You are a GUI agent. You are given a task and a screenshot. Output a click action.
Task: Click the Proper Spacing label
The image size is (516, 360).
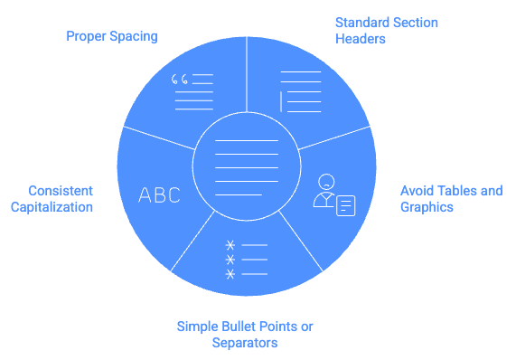pyautogui.click(x=111, y=37)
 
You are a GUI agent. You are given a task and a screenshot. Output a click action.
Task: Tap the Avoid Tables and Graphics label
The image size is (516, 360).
pyautogui.click(x=451, y=199)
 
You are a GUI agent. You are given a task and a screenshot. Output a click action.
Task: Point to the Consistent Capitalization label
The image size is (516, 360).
pyautogui.click(x=52, y=199)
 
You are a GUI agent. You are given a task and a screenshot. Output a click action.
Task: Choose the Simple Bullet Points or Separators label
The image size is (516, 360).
pyautogui.click(x=245, y=334)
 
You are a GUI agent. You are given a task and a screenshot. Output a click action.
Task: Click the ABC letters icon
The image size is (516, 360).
pyautogui.click(x=159, y=194)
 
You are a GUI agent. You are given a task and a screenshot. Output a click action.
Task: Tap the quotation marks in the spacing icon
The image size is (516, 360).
pyautogui.click(x=179, y=81)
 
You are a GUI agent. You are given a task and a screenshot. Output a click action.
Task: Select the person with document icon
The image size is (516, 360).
pyautogui.click(x=333, y=194)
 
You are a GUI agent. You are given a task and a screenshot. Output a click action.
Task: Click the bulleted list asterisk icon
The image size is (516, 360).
pyautogui.click(x=246, y=259)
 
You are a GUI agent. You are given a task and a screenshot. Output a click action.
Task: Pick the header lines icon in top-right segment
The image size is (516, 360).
pyautogui.click(x=300, y=91)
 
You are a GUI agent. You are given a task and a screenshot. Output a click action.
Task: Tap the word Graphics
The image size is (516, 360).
pyautogui.click(x=427, y=207)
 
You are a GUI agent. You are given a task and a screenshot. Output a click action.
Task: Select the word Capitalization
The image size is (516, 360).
pyautogui.click(x=52, y=207)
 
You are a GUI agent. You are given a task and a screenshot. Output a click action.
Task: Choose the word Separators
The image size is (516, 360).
pyautogui.click(x=245, y=343)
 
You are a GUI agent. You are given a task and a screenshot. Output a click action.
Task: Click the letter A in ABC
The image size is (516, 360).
pyautogui.click(x=145, y=194)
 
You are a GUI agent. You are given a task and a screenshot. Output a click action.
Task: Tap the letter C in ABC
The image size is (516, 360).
pyautogui.click(x=174, y=194)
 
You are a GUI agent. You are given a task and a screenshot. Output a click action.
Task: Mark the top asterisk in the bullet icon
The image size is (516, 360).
pyautogui.click(x=230, y=245)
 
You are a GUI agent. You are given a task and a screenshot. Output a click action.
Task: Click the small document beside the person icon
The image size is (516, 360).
pyautogui.click(x=345, y=205)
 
